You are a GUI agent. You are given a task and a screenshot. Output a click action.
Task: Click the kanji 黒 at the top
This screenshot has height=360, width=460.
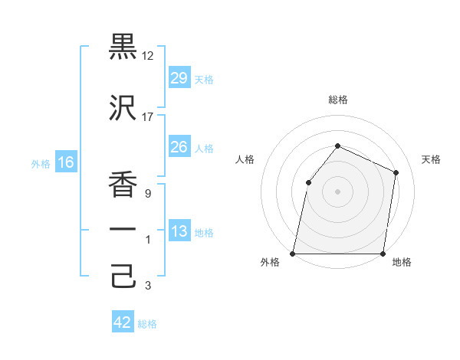tap(123, 47)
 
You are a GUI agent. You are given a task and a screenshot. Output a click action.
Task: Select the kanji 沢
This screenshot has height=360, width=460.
tap(123, 108)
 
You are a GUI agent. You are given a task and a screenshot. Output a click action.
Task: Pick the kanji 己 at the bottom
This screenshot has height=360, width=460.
tap(123, 276)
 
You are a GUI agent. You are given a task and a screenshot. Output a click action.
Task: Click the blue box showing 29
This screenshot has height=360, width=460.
tap(179, 78)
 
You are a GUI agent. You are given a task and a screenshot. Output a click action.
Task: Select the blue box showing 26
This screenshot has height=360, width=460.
tap(179, 147)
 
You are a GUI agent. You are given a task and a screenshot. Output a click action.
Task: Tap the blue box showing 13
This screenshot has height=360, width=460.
tap(179, 231)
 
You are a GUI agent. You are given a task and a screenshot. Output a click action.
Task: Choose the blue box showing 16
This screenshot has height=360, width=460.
tap(65, 162)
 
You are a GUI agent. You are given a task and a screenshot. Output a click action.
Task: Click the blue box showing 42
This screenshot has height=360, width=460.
tap(123, 322)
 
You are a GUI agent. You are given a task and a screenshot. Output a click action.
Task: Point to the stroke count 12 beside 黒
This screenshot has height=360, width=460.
tap(148, 56)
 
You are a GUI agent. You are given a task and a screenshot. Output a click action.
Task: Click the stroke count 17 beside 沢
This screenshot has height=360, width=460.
tap(148, 117)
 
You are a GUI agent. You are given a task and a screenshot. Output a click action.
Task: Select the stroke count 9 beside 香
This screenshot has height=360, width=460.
tap(147, 194)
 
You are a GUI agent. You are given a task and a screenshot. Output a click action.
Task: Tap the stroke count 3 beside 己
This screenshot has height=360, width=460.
tap(147, 286)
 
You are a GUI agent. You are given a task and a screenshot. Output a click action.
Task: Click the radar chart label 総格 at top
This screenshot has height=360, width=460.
tap(337, 100)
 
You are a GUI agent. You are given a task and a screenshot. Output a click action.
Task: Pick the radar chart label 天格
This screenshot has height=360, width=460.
tap(431, 159)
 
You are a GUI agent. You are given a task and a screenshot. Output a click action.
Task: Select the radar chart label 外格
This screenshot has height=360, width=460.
tap(270, 263)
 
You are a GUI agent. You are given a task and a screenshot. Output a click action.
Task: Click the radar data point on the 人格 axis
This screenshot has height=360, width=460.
tap(308, 182)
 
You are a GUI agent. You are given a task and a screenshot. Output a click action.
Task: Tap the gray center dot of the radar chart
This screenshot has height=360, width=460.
tap(337, 191)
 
